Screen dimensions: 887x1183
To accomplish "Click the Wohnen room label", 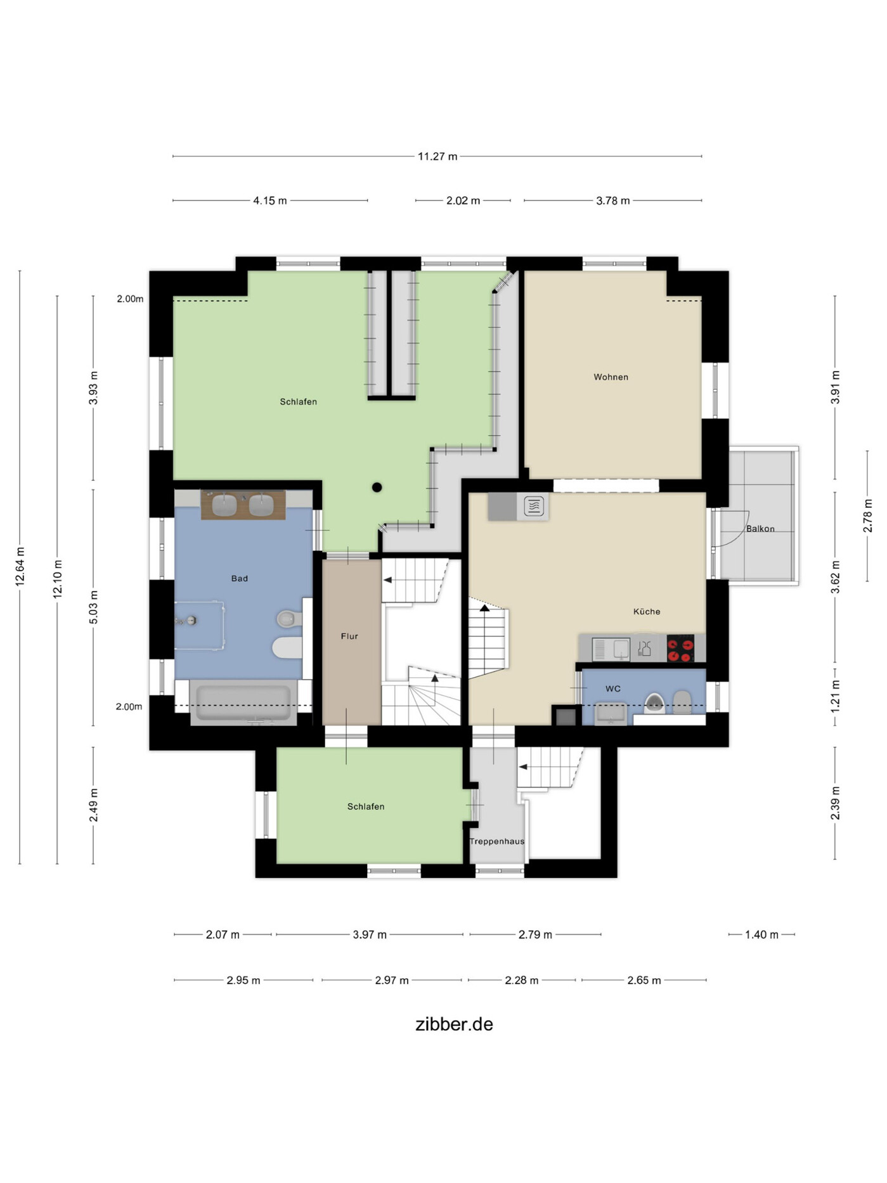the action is (x=611, y=377).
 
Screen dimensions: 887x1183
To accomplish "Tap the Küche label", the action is (x=647, y=612).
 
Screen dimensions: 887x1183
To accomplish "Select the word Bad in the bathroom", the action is (x=240, y=579).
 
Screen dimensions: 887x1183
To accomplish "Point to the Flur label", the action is (x=349, y=637).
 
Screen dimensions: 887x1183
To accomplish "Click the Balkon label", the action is (x=760, y=529).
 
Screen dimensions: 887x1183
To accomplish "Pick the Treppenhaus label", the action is (x=497, y=842).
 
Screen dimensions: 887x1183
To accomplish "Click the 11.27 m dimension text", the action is (x=437, y=157).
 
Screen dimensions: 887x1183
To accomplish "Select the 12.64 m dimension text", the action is (x=20, y=567).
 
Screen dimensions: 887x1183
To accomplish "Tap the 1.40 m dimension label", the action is (x=761, y=934).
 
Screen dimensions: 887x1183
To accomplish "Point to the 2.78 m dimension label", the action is (x=868, y=516).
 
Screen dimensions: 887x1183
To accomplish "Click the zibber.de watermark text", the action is (x=454, y=1025).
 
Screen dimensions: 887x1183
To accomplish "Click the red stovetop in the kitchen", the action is (x=680, y=649).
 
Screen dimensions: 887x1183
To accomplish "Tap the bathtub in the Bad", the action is (x=243, y=703).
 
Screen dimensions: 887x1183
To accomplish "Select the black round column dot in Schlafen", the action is (x=377, y=488).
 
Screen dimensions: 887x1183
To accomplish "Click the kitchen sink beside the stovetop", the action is (x=611, y=649).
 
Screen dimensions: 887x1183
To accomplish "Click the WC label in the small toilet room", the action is (x=613, y=689).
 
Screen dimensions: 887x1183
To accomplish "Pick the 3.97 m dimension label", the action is (x=370, y=934).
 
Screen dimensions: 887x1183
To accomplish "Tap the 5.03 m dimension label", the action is (x=94, y=607).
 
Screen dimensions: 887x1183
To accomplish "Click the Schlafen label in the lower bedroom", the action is (x=366, y=807).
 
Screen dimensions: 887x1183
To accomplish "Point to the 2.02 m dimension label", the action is (x=463, y=201).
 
